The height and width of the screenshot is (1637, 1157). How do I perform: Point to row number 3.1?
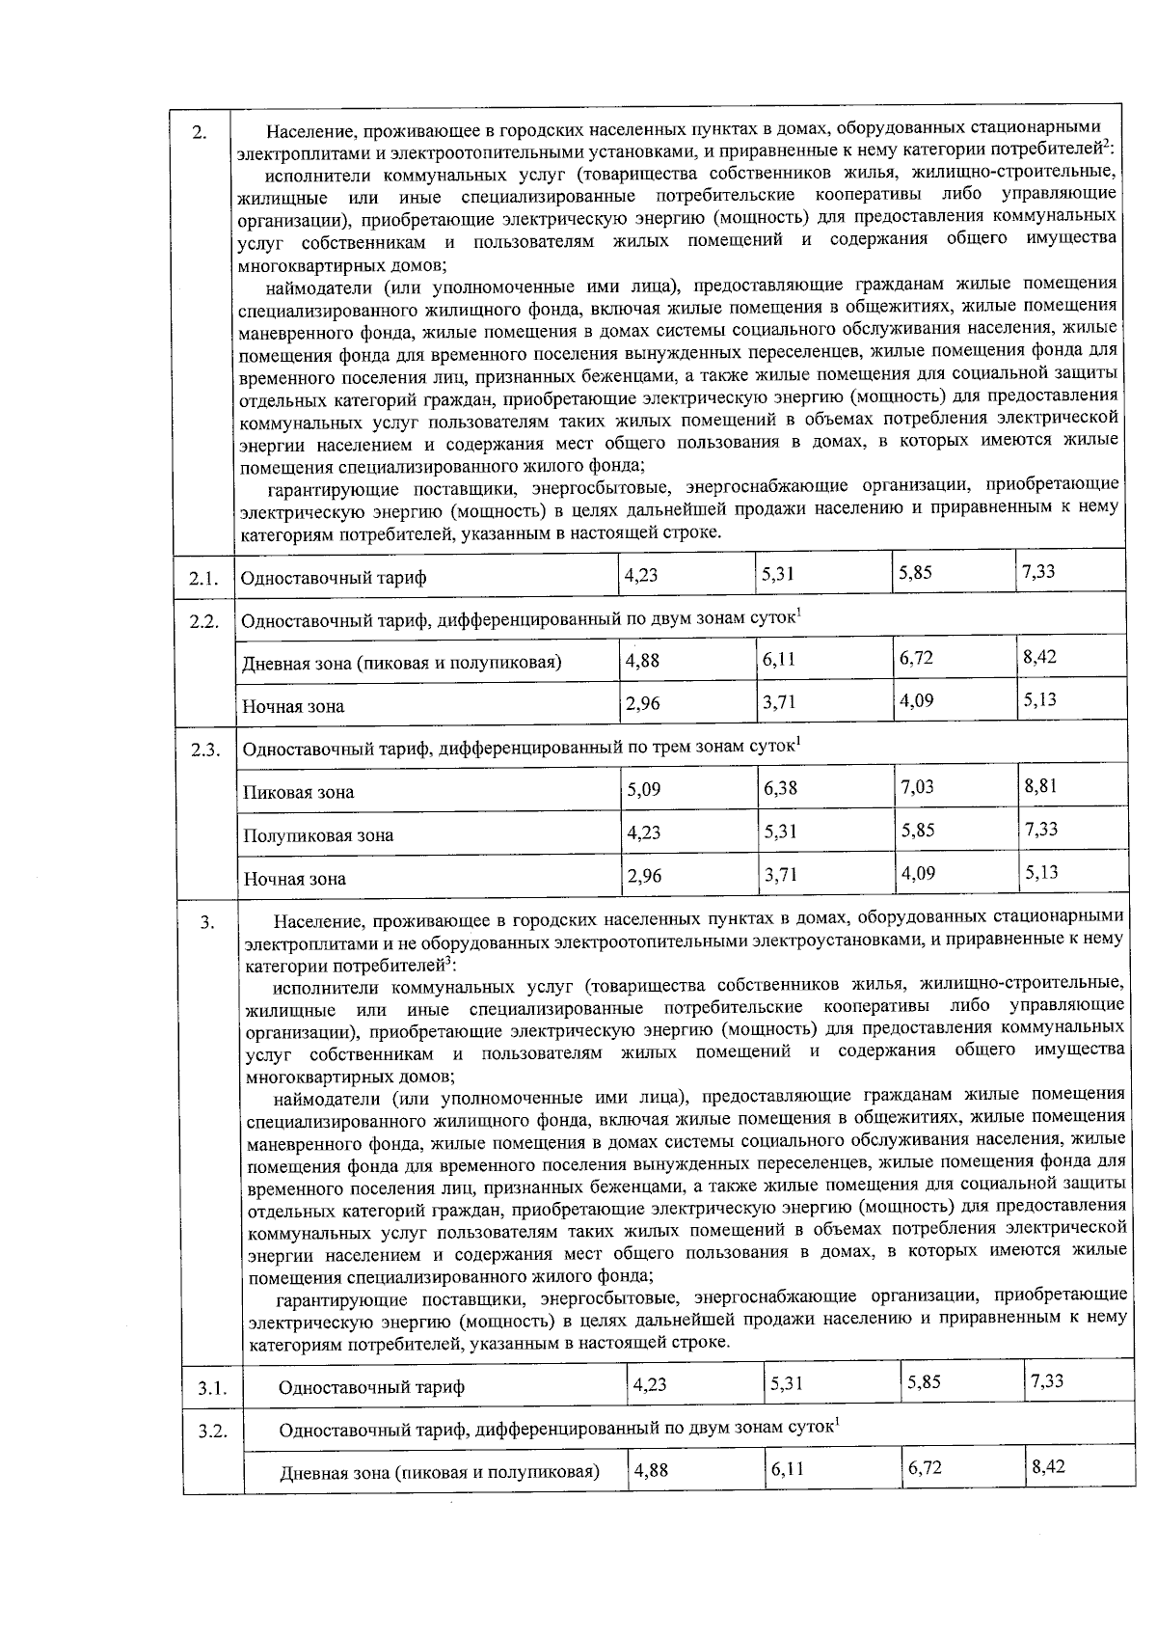[x=212, y=1389]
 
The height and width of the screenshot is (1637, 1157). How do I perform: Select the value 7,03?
[x=916, y=787]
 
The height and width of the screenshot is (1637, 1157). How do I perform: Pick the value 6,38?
[x=780, y=788]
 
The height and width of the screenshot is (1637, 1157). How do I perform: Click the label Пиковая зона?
[x=298, y=793]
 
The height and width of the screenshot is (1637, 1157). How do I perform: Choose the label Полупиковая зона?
[x=318, y=835]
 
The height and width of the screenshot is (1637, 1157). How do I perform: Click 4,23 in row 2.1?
[x=641, y=575]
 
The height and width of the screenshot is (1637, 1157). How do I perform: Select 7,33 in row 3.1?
[x=1046, y=1381]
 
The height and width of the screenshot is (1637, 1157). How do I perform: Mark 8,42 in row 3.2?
[x=1048, y=1467]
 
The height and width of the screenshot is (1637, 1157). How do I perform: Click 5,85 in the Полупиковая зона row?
[x=917, y=830]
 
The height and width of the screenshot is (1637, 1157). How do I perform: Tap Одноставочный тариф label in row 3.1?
[x=371, y=1388]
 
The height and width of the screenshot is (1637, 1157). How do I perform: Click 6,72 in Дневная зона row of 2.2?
[x=916, y=658]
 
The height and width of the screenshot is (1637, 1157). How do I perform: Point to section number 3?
[x=207, y=924]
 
